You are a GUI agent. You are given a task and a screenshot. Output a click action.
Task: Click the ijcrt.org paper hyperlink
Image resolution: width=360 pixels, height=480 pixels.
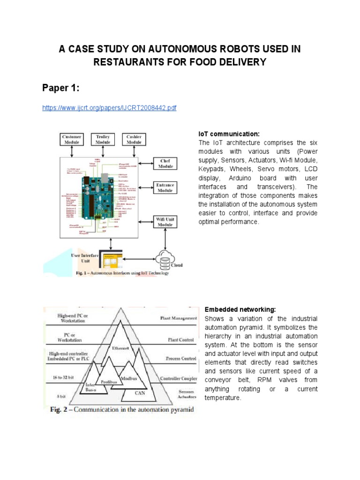(x=109, y=108)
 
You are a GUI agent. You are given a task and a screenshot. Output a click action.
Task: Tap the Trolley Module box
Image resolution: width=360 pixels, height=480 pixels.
(x=103, y=139)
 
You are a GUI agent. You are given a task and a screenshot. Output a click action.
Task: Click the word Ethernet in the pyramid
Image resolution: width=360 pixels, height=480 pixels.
(x=120, y=348)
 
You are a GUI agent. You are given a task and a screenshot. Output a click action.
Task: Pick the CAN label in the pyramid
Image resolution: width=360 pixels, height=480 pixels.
(x=140, y=393)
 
